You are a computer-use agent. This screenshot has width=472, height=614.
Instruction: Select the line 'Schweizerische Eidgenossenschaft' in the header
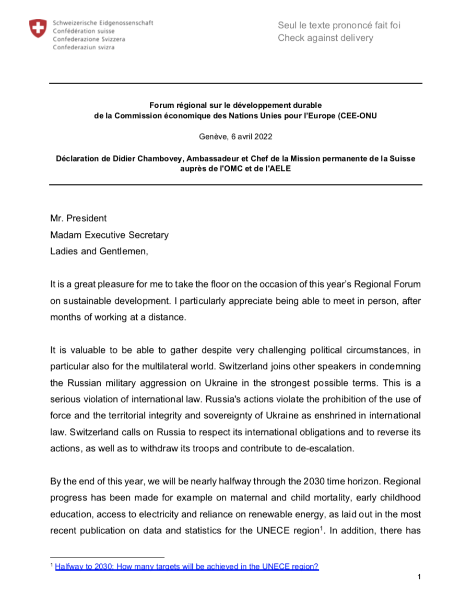pos(103,24)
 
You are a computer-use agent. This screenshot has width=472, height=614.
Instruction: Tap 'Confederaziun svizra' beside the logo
pos(84,47)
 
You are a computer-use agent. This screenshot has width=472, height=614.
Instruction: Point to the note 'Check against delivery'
pos(325,38)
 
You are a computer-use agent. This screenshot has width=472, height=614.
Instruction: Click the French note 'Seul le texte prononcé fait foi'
pos(339,25)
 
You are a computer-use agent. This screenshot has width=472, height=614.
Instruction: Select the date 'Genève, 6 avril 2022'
pos(235,137)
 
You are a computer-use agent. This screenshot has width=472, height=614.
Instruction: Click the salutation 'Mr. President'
pos(78,219)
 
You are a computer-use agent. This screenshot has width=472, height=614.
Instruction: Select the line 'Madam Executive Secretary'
pos(109,235)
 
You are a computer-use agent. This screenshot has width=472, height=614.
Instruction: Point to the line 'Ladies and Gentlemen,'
pos(99,251)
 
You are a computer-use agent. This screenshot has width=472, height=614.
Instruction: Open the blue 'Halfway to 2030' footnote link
pos(186,566)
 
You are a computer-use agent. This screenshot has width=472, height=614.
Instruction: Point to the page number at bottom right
pos(419,577)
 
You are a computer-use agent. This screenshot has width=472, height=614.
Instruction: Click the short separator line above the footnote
pos(107,557)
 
